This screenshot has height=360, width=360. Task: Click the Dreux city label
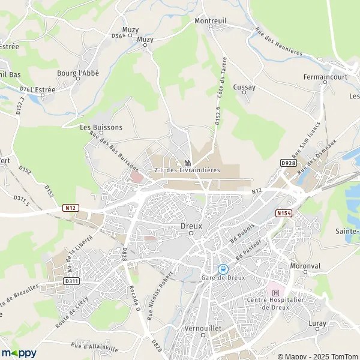(191, 226)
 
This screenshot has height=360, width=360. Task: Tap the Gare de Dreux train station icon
(223, 269)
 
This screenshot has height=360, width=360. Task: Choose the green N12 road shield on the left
(70, 208)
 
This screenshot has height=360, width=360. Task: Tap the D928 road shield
(288, 163)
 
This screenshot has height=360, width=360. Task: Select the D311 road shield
(71, 280)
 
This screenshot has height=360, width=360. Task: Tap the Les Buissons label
(101, 127)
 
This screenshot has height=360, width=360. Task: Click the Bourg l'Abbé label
(77, 73)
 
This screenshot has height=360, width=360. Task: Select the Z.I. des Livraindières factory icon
(187, 163)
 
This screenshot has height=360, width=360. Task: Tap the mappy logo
(19, 353)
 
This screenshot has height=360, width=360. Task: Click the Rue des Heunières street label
(278, 42)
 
